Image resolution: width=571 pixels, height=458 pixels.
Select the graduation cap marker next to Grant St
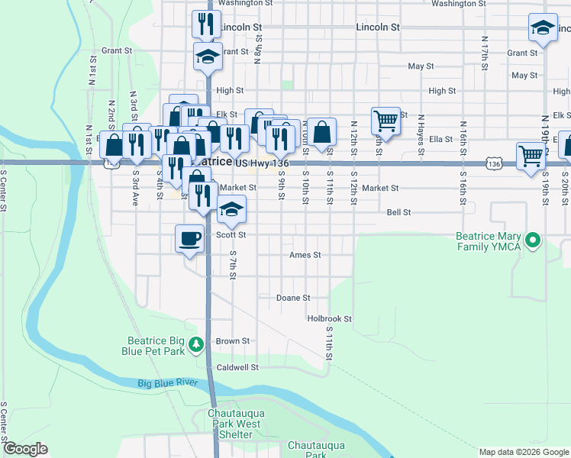point(207,56)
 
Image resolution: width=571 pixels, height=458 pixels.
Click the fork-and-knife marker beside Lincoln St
point(205,24)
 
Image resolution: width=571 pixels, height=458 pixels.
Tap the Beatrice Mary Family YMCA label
point(489,241)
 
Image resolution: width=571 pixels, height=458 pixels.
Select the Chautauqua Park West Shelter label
point(236,424)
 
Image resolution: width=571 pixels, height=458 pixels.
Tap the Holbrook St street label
point(329,318)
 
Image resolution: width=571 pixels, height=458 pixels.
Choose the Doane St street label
point(293,298)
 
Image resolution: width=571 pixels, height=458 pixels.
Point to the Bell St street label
point(398,212)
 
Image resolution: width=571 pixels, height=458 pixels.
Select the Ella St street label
point(441,139)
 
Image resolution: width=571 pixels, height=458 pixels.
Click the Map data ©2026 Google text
point(524,452)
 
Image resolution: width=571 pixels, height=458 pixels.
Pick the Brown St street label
point(233,341)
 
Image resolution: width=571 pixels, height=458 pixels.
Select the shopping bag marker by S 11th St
point(322,132)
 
